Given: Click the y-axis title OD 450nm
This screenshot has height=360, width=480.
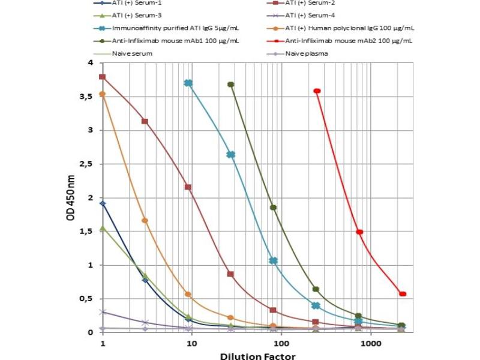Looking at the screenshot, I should tap(70, 197).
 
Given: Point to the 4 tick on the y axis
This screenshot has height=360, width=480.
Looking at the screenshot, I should tap(90, 62).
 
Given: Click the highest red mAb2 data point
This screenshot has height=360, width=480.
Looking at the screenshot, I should tap(317, 91).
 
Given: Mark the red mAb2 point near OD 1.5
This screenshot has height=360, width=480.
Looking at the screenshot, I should tap(359, 232).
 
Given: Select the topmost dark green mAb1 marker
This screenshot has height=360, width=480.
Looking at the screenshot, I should tap(230, 85).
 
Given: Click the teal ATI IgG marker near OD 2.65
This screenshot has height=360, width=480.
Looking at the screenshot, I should tap(230, 154).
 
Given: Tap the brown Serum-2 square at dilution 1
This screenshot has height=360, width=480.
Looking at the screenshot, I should tap(103, 77).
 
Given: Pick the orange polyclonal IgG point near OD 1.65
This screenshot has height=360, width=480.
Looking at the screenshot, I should tap(145, 221).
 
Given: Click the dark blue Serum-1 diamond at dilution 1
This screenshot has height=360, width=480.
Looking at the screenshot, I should tap(103, 203).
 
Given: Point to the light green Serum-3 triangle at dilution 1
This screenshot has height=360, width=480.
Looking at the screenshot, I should tap(103, 229).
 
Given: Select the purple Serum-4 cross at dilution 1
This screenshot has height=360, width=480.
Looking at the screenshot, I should tap(103, 312).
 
